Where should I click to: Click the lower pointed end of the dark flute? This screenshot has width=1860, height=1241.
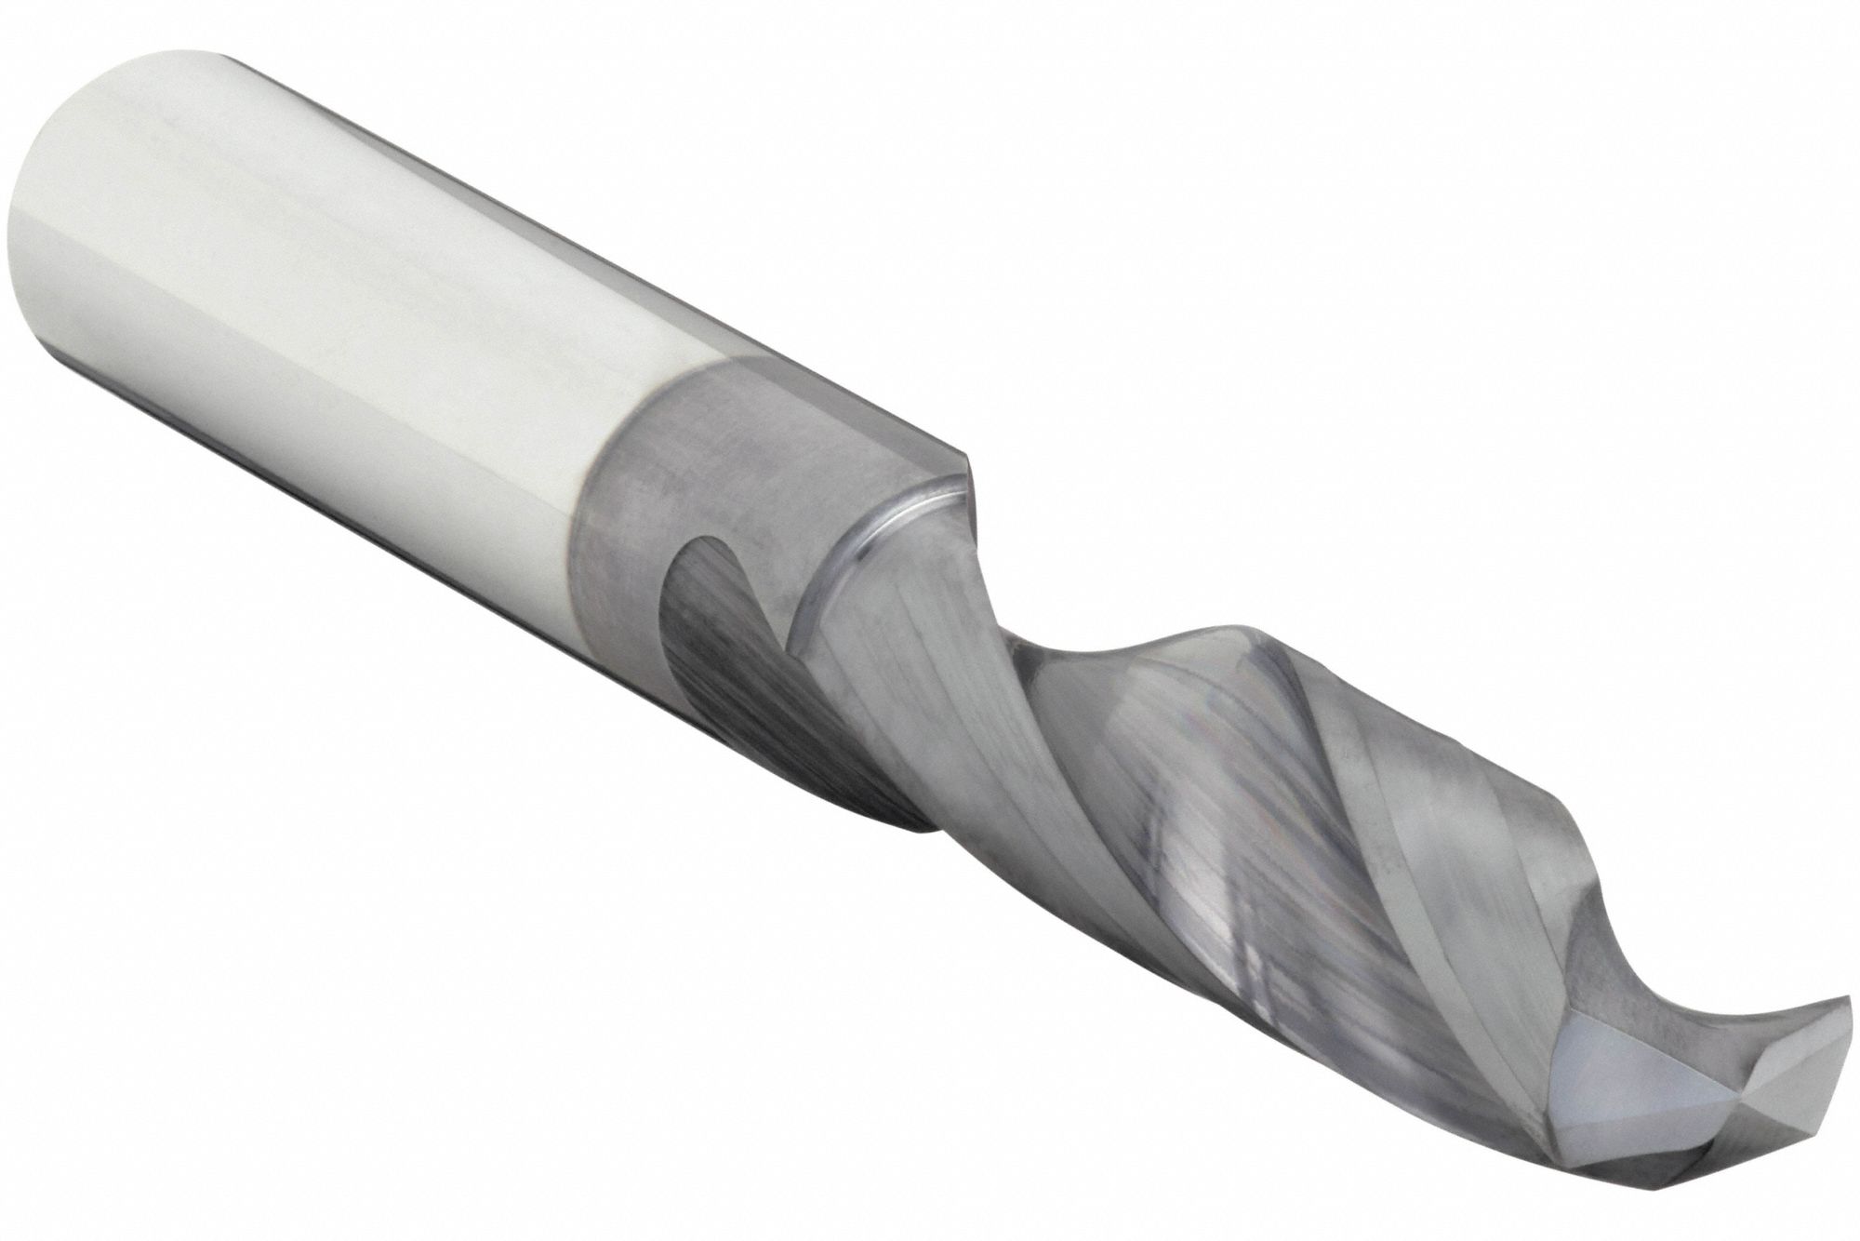921,819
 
